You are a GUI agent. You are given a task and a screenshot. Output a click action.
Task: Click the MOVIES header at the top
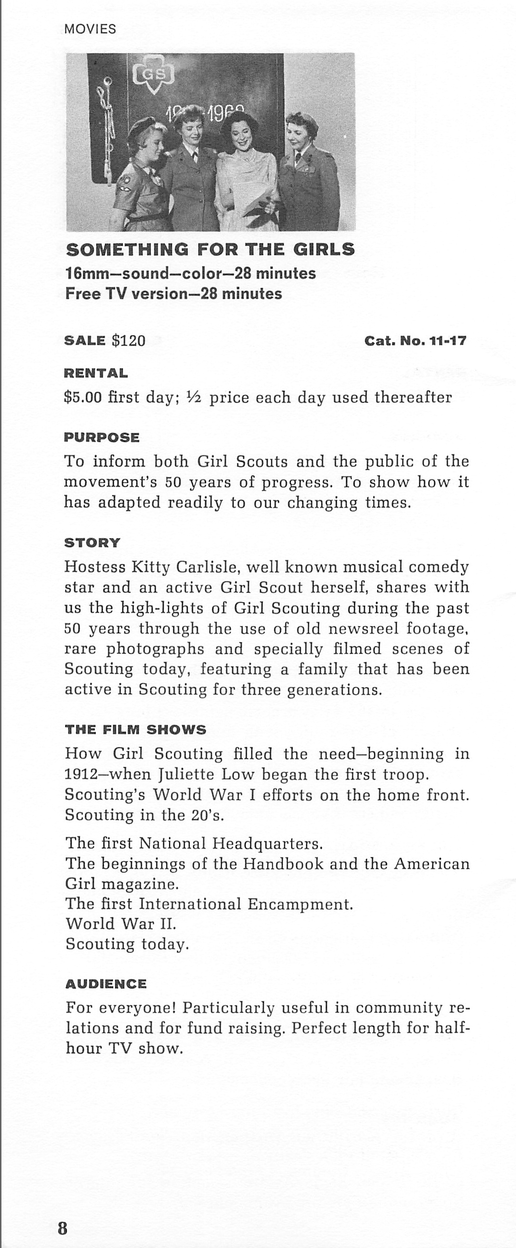[90, 29]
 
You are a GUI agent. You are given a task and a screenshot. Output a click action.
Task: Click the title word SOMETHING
[127, 250]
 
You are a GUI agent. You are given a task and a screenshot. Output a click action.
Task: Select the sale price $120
[128, 340]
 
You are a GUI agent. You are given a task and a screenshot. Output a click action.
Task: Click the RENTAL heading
[96, 373]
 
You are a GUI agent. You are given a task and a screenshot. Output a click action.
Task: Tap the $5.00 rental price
[83, 397]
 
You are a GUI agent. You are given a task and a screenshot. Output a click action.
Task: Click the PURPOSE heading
[102, 438]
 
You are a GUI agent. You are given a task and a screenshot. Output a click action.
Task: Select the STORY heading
[92, 543]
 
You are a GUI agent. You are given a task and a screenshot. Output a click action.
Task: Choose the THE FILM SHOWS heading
[136, 730]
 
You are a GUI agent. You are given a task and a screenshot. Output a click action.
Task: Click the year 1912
[80, 774]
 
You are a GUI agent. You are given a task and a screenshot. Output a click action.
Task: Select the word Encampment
[300, 904]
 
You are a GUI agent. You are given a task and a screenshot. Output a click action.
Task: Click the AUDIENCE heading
[106, 984]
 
